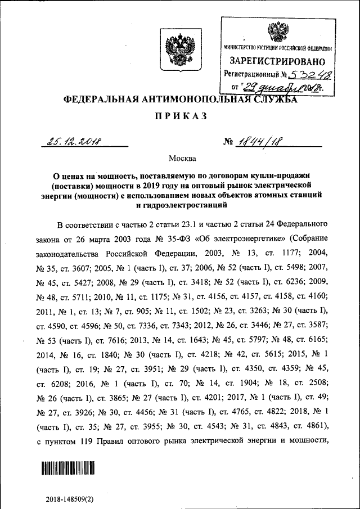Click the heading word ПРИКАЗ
[x=180, y=117]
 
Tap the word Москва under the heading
[x=180, y=160]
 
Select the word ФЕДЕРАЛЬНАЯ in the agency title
[x=101, y=100]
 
